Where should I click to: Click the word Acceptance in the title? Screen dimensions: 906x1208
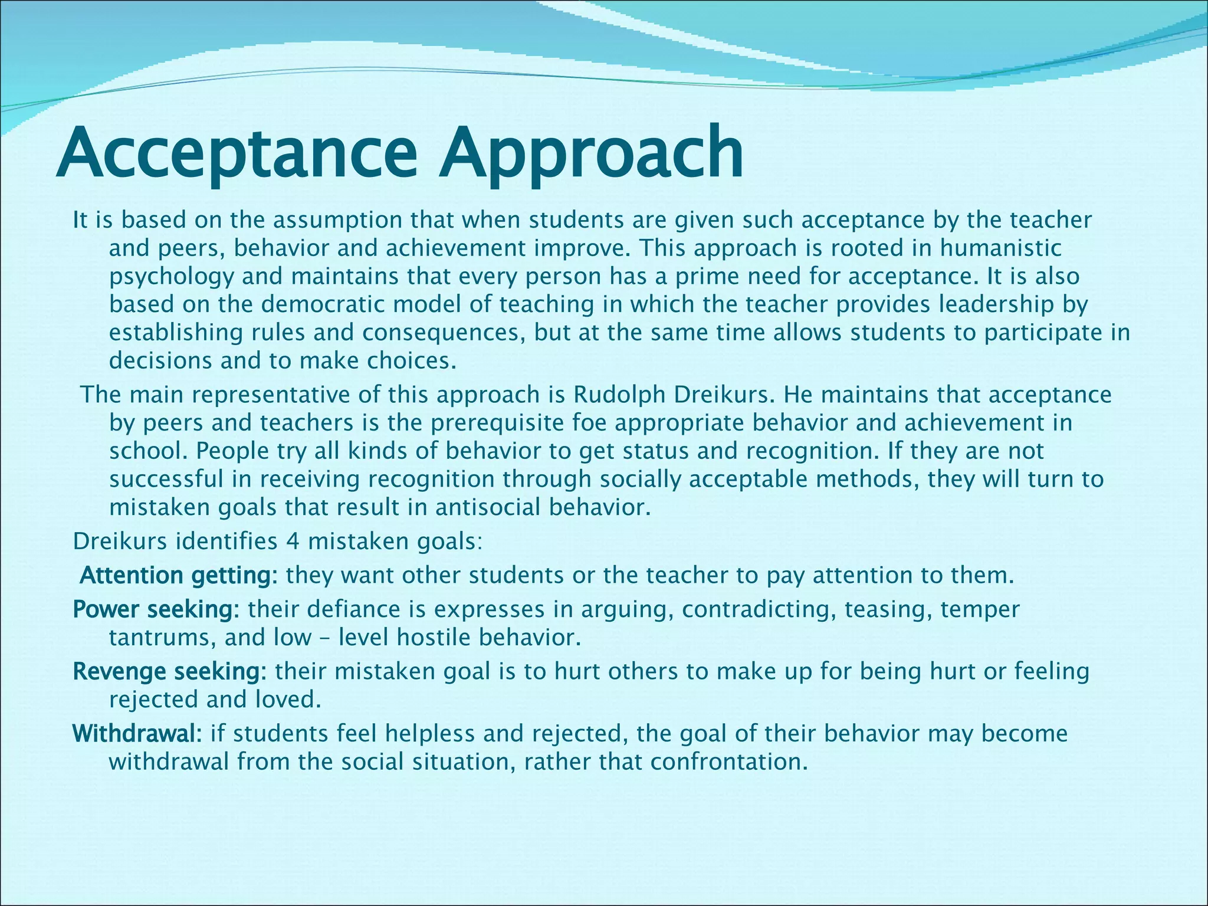pyautogui.click(x=236, y=155)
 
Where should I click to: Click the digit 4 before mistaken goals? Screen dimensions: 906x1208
pyautogui.click(x=293, y=541)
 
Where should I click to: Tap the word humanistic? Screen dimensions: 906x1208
pyautogui.click(x=1000, y=248)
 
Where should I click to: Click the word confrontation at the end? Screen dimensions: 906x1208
pyautogui.click(x=729, y=762)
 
